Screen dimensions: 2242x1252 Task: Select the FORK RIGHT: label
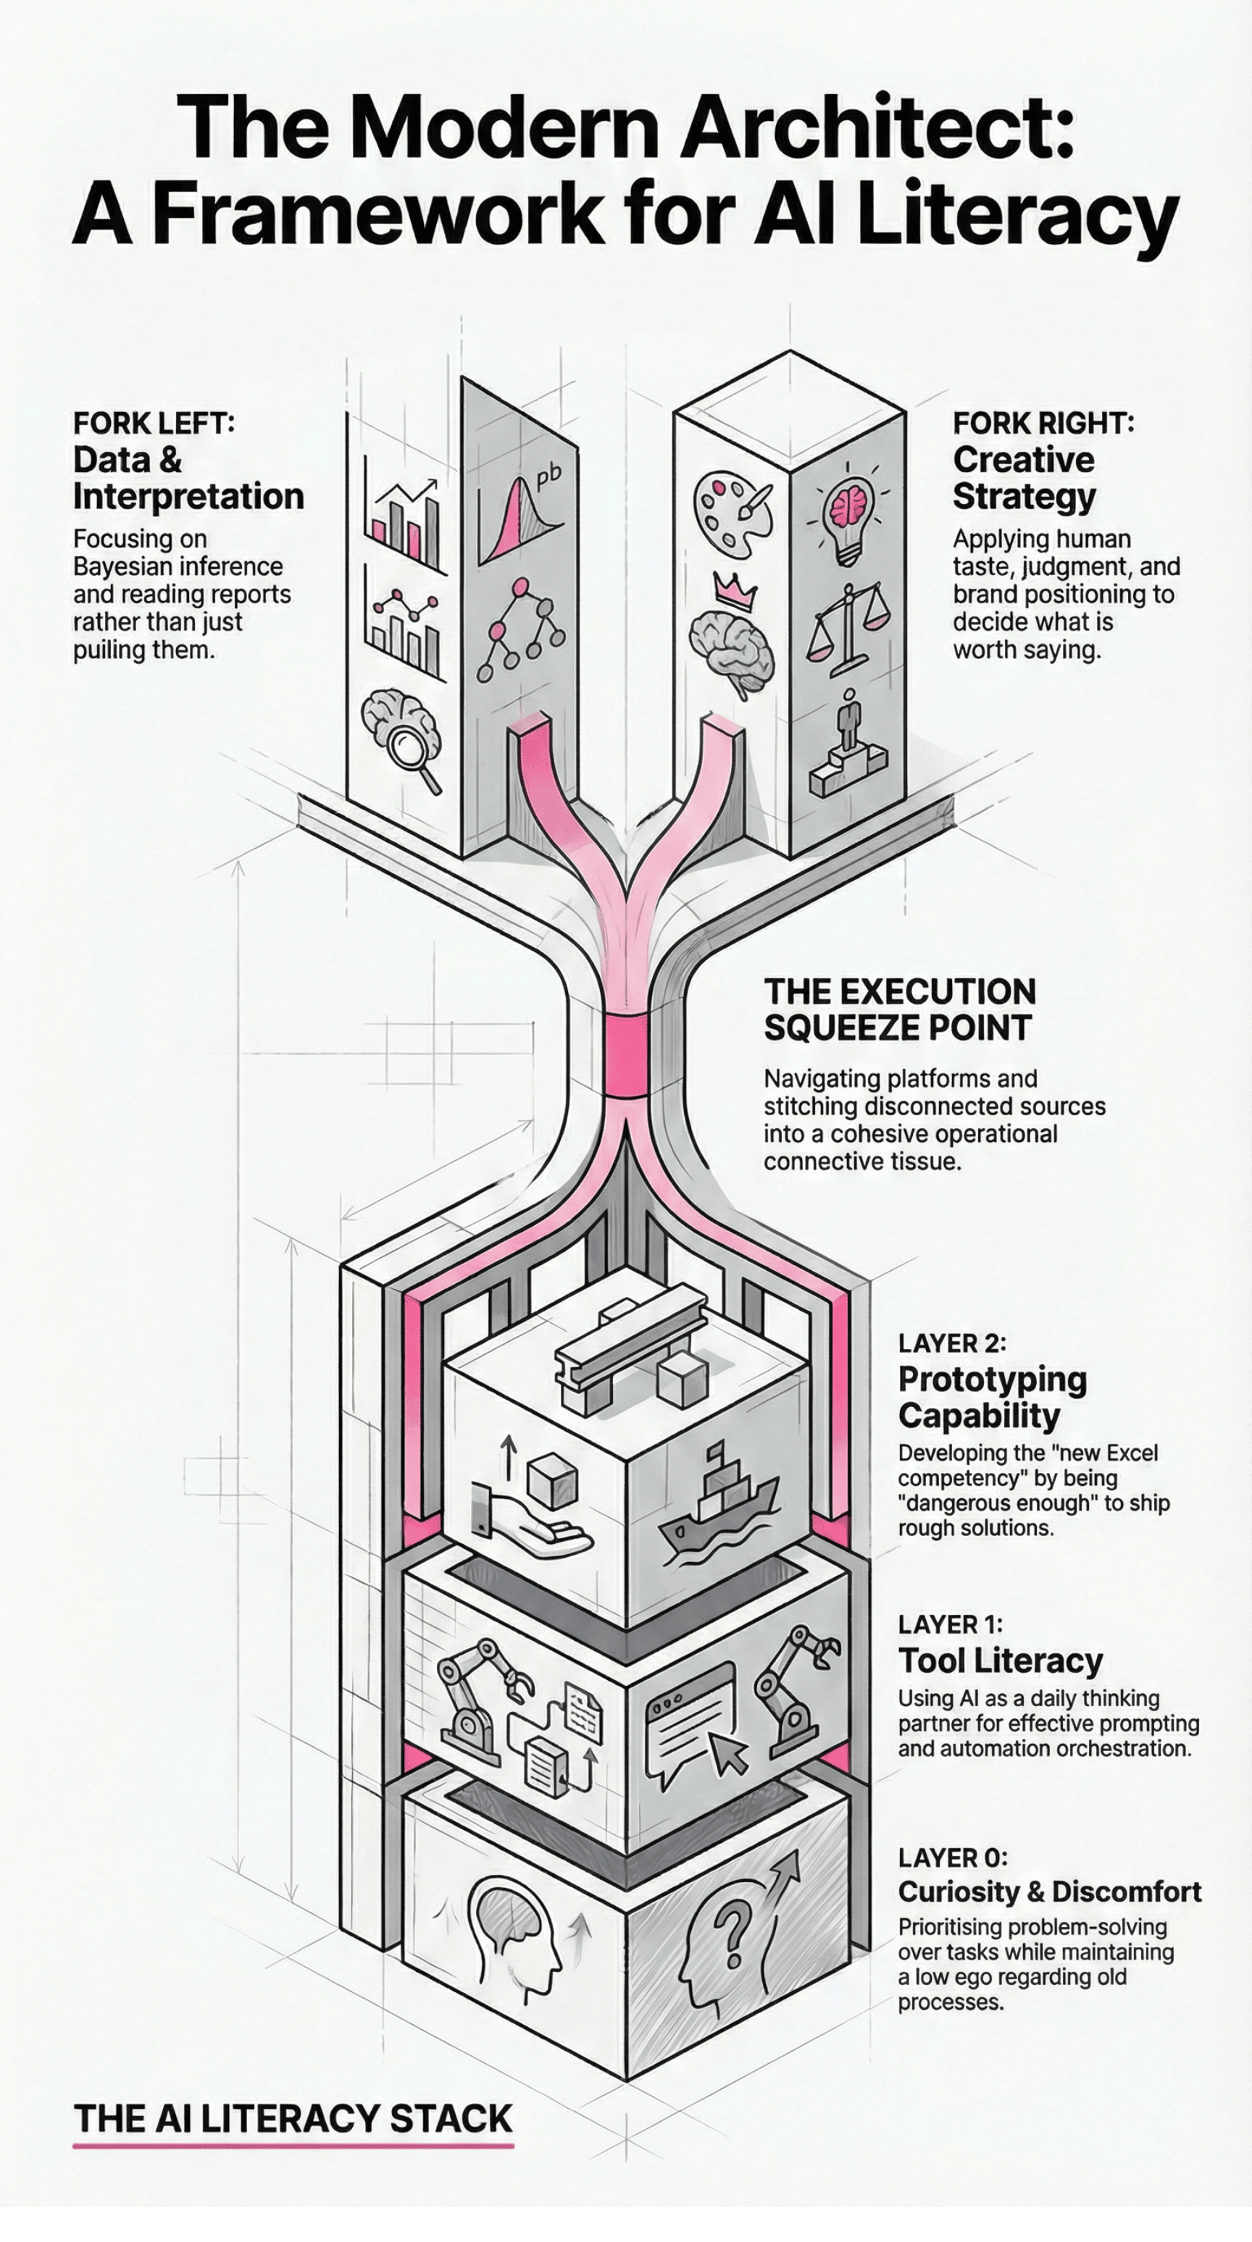(x=1043, y=423)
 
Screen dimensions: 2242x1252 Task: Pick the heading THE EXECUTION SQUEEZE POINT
(x=899, y=1009)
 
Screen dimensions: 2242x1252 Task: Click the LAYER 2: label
(x=951, y=1343)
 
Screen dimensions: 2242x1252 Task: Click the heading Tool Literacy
(x=1001, y=1660)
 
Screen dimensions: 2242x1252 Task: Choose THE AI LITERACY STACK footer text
(x=293, y=2117)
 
